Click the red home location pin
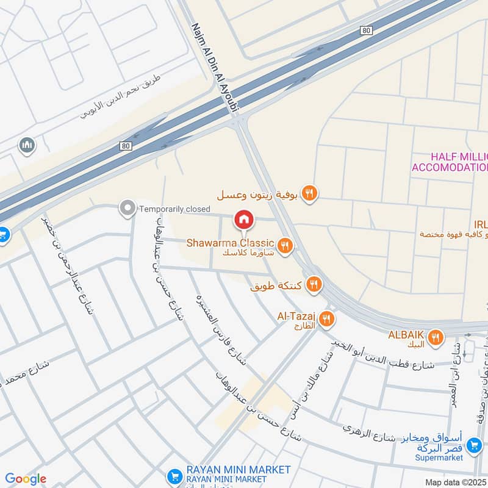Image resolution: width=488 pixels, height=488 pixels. tap(243, 219)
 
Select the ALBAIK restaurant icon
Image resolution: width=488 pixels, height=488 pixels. tap(435, 338)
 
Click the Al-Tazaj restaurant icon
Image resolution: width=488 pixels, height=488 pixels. tap(327, 318)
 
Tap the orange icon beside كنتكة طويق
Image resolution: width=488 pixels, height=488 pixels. tap(314, 284)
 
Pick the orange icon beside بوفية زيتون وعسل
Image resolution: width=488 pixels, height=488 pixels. tap(310, 193)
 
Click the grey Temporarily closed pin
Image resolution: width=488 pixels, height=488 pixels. tap(127, 209)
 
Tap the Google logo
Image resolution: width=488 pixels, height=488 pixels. tap(26, 479)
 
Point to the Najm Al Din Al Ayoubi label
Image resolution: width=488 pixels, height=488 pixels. tap(217, 68)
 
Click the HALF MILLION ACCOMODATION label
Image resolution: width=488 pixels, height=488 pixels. tap(450, 162)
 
